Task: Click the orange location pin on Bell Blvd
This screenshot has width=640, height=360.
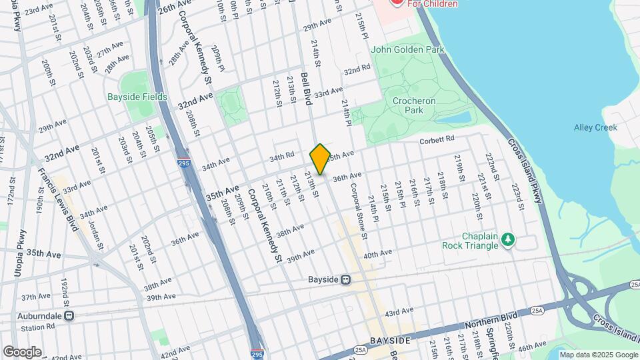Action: tap(320, 159)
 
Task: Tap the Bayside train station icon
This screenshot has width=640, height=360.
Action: tap(345, 280)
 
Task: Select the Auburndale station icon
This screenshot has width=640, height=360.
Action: tap(69, 316)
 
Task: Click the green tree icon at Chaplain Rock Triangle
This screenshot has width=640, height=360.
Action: tap(508, 239)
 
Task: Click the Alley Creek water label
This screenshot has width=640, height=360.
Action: tap(595, 127)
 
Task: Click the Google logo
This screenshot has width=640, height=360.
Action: tap(22, 351)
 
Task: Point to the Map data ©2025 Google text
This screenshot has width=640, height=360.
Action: tap(597, 355)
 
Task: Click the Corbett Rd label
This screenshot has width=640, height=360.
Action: tap(437, 139)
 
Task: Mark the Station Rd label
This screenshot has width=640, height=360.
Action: tap(37, 327)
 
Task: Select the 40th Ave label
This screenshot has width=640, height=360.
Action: tap(377, 254)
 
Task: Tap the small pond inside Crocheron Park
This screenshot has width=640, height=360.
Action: tap(454, 117)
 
